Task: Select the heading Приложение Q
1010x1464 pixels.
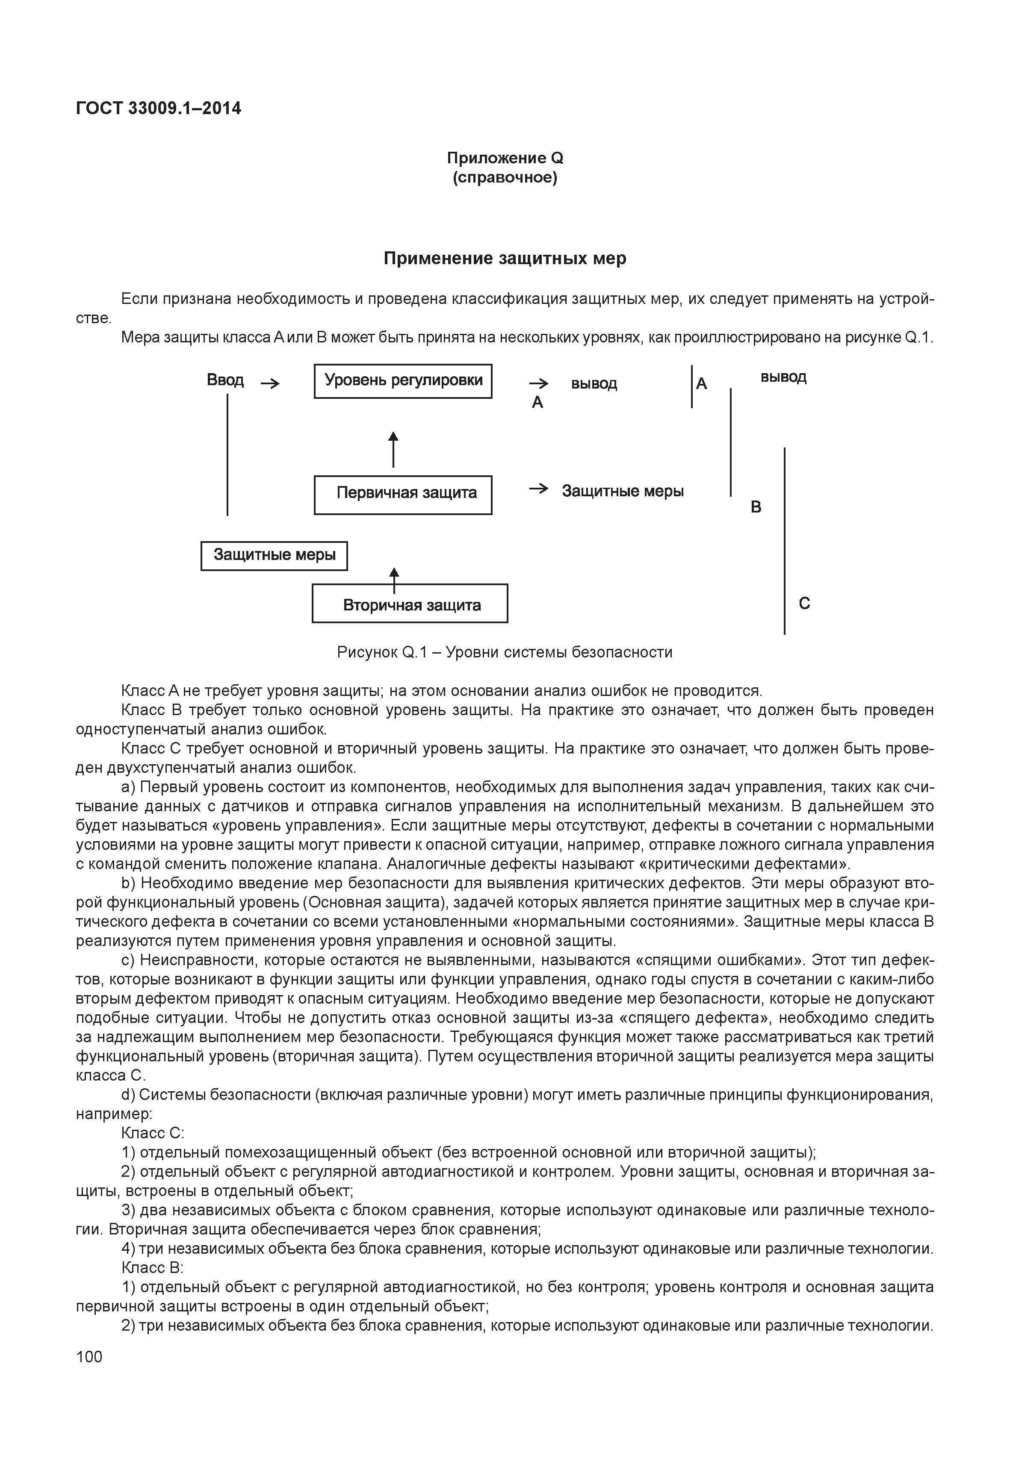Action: click(505, 158)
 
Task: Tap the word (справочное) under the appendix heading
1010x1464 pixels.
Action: click(505, 178)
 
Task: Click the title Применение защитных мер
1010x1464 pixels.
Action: click(505, 258)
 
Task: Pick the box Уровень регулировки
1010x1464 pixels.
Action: click(403, 381)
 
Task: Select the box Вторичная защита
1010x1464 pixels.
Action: click(410, 604)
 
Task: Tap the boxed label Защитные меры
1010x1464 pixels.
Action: click(274, 556)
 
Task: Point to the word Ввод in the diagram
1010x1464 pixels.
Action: click(225, 380)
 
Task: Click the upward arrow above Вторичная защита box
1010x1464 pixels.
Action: click(394, 577)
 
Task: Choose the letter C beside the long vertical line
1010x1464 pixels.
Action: click(804, 604)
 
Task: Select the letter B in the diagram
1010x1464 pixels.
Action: click(756, 507)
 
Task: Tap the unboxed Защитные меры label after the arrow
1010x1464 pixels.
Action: click(623, 492)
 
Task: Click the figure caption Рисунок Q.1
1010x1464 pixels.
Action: click(505, 652)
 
